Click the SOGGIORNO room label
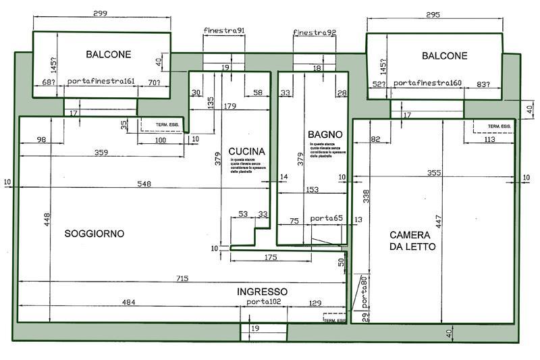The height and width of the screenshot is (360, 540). [x=94, y=234]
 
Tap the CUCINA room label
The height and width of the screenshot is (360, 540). [x=246, y=151]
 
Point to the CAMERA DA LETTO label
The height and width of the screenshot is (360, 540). [x=412, y=240]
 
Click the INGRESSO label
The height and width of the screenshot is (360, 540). [x=262, y=292]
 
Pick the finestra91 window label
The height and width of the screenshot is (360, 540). [x=224, y=31]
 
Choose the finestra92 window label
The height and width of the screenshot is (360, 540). [x=314, y=32]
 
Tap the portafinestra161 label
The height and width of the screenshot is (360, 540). [x=101, y=82]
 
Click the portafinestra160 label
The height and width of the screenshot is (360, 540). [x=427, y=82]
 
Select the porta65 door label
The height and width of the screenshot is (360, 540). [x=326, y=220]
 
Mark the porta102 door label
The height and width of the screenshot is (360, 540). [x=263, y=301]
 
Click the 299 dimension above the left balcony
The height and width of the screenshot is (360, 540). [x=101, y=13]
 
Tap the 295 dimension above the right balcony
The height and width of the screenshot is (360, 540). [x=434, y=14]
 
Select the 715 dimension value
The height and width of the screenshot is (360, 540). [x=182, y=278]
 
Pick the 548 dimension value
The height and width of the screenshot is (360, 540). [x=144, y=184]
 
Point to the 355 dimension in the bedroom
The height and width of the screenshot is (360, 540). [x=434, y=174]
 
